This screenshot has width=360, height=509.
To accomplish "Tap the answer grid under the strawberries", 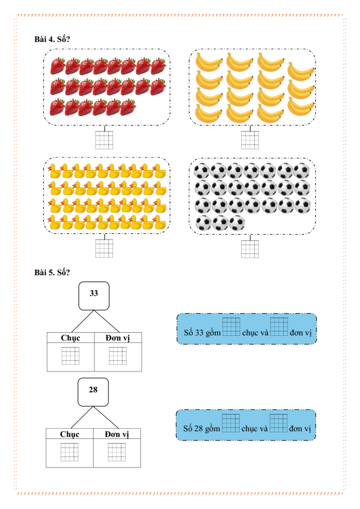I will coord(104,140).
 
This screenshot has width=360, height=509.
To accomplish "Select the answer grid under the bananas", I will coord(250,140).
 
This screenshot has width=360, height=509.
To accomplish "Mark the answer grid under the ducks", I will coord(104,248).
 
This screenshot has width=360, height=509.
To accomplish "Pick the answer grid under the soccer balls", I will coord(250,248).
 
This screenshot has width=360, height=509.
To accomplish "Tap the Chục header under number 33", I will coord(71,337).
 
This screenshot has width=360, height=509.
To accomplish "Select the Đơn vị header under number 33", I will coord(118,337).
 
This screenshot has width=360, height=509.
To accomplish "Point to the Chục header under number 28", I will coord(70,434).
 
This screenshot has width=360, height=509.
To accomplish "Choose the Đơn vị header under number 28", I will coord(117,434).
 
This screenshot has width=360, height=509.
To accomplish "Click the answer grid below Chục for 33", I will coord(71,356).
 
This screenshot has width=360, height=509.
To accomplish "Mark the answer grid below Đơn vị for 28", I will coord(117,452).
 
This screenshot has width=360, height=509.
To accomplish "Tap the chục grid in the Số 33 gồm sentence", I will coord(231,327).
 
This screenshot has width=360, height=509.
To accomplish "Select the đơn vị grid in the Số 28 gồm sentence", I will coord(279,423).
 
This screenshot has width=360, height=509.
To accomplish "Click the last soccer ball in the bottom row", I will coord(237,223).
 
